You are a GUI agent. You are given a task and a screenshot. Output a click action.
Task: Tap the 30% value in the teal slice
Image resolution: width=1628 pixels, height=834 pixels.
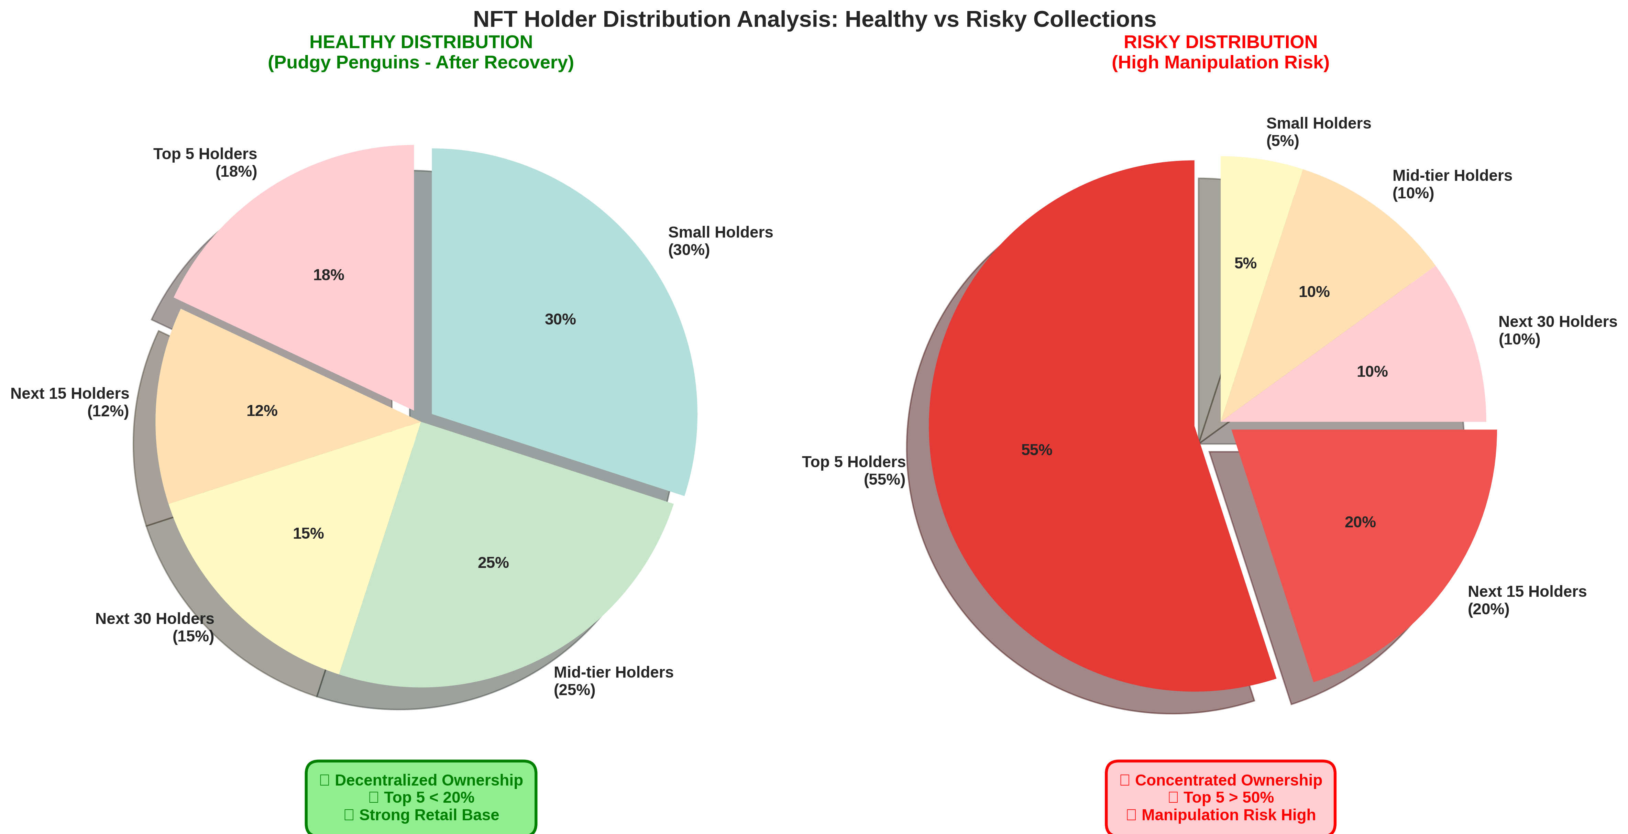pos(560,320)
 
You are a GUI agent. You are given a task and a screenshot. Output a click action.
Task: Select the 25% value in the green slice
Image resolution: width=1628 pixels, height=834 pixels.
pos(493,563)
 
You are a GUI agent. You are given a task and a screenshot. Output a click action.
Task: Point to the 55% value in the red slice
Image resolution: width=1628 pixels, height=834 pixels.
pos(1036,450)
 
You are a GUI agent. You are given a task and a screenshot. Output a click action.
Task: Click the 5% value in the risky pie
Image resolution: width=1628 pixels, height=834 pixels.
pos(1245,263)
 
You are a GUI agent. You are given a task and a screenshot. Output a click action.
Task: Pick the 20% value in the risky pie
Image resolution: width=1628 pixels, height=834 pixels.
pos(1360,523)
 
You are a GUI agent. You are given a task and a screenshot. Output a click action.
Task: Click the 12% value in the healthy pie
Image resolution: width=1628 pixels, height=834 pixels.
pos(262,411)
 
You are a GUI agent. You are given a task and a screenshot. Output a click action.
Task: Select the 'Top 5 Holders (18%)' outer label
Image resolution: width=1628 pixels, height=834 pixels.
pos(206,163)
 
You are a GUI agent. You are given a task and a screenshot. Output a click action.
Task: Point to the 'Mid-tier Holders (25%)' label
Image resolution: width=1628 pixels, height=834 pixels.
pos(613,681)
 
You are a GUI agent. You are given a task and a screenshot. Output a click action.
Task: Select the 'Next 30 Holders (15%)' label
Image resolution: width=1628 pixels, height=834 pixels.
pos(155,627)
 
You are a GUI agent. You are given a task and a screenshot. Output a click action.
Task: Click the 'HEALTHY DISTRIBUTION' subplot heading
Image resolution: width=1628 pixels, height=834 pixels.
pos(420,42)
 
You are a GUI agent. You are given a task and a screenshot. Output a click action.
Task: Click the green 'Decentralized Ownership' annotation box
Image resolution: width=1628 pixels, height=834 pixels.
pos(421,797)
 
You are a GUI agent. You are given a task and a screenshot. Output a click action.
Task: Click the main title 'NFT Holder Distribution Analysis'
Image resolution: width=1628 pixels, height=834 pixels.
pos(814,20)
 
